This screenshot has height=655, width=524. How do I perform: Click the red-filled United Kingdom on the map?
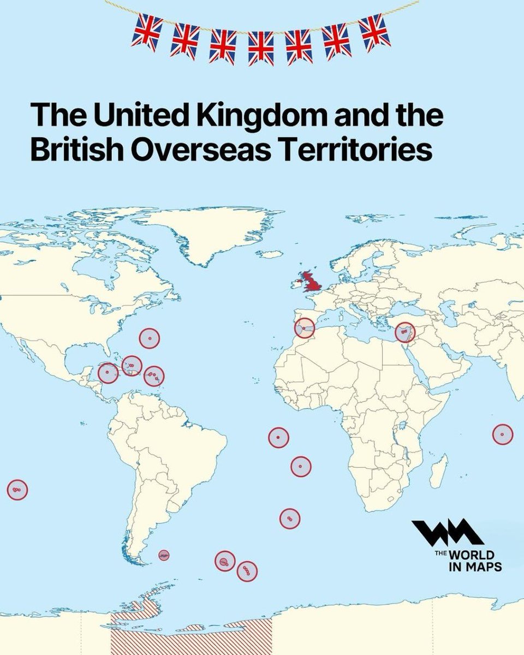[x=312, y=281]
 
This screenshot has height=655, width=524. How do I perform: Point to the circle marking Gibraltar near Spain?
[x=305, y=328]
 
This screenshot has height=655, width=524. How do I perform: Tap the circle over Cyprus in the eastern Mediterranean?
[x=405, y=332]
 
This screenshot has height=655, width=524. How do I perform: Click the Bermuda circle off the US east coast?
[x=149, y=338]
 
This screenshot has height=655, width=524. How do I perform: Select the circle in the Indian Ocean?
[x=502, y=434]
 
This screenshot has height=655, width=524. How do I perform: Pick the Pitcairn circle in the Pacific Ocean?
[x=17, y=490]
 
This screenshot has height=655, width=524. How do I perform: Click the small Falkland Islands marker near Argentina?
[x=164, y=555]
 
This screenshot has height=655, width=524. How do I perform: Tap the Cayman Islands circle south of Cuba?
[x=108, y=373]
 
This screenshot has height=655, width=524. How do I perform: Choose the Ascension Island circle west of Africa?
[x=278, y=437]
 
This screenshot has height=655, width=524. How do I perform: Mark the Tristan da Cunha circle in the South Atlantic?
[x=290, y=519]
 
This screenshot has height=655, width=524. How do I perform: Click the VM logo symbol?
[x=446, y=533]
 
